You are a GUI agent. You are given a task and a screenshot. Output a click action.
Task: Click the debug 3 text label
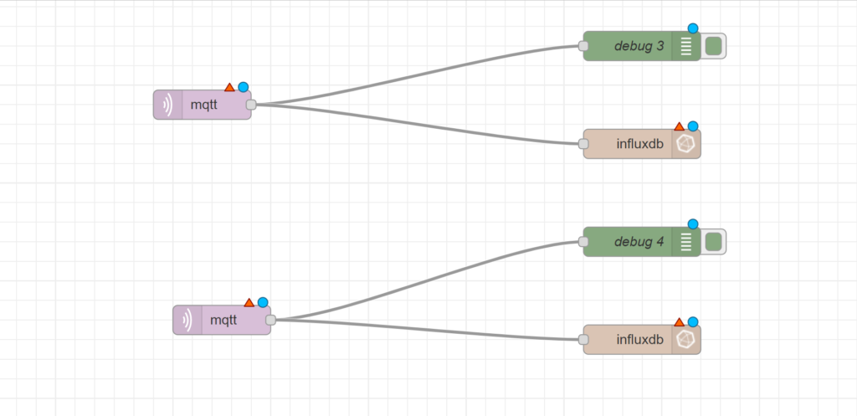tap(639, 46)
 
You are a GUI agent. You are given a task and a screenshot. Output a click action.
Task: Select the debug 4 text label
tap(639, 242)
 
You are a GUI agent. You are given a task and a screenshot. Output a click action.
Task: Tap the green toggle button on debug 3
tap(713, 46)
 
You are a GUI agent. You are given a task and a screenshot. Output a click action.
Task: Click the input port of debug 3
tap(584, 46)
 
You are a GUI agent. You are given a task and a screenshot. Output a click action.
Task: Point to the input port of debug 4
tap(584, 242)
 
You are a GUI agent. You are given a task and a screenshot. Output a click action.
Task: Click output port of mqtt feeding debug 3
tap(251, 105)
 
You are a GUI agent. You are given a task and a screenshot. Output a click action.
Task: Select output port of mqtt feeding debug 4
tap(270, 320)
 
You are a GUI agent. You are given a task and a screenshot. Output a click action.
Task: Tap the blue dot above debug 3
tap(693, 28)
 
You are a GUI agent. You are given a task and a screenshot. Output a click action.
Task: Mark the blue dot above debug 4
tap(693, 224)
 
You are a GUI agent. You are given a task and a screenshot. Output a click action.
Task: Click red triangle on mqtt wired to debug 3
tap(229, 87)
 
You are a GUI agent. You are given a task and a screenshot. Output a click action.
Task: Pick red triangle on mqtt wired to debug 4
tap(249, 302)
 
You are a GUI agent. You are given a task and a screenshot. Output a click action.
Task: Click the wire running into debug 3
tap(418, 74)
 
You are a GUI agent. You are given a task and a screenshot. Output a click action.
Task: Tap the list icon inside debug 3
tap(686, 46)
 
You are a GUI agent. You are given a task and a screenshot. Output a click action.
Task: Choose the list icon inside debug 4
tap(686, 242)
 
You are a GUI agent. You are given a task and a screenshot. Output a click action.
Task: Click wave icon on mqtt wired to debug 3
tap(167, 105)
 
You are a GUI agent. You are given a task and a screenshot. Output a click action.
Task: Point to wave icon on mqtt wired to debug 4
tap(187, 320)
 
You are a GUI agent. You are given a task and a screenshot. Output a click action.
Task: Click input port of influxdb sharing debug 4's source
tap(584, 339)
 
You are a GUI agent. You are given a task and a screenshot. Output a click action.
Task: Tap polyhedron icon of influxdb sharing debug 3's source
tap(686, 144)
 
